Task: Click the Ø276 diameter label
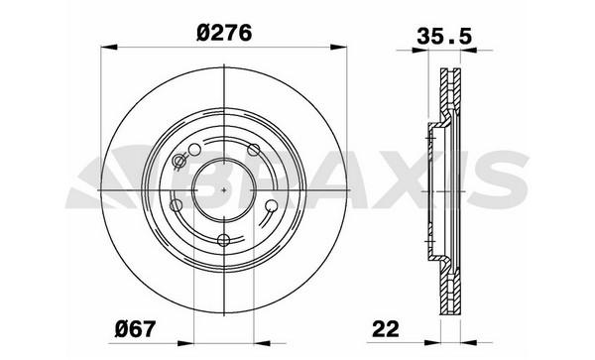click(224, 33)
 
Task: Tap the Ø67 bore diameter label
click(135, 328)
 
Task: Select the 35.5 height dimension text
click(444, 37)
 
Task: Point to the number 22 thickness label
click(386, 328)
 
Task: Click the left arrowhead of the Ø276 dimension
click(109, 47)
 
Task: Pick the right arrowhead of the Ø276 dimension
click(338, 47)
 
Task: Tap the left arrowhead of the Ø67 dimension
click(185, 343)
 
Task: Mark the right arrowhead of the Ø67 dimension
click(262, 343)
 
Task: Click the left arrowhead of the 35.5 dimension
click(420, 50)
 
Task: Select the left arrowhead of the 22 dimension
click(432, 343)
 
